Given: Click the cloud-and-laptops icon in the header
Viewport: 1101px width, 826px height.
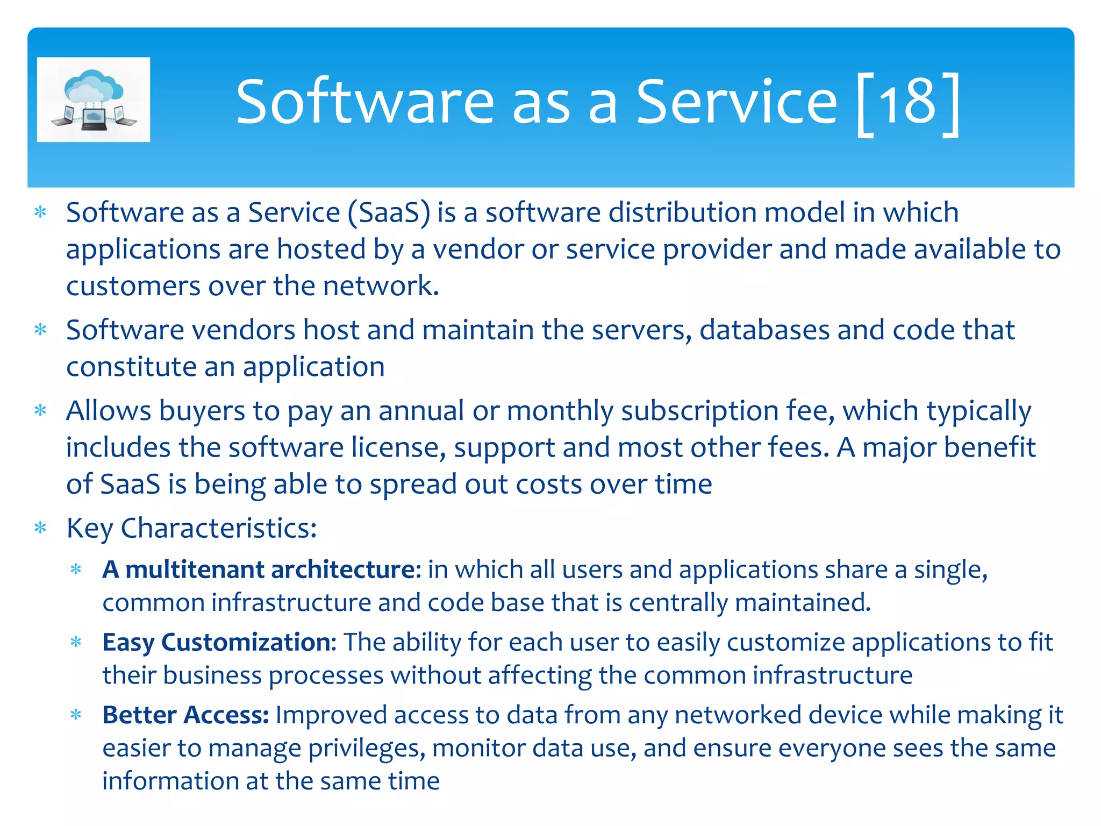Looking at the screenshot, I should coord(94,99).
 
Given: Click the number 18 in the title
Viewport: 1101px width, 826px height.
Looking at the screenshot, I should coord(908,102).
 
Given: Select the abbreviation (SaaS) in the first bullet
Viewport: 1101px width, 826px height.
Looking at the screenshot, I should coord(389,213).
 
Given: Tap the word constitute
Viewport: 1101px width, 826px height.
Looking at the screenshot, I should coord(131,367).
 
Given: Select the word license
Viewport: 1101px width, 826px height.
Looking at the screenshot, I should coord(398,448).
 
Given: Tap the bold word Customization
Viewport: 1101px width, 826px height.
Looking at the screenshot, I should coord(246,643).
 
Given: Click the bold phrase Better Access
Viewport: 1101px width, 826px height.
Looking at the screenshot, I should coord(185,715).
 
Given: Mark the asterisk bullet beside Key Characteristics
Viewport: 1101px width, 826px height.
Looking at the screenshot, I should coord(41,528).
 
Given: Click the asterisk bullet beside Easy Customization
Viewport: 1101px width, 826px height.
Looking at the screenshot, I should coord(76,642).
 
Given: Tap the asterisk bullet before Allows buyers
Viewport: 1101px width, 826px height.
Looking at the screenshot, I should coord(41,411).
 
